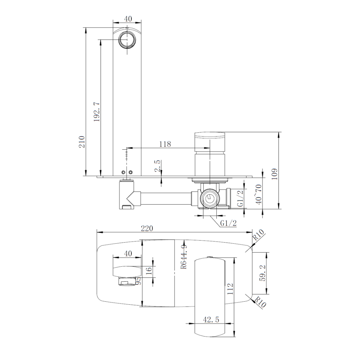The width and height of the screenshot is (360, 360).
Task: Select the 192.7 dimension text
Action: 97,112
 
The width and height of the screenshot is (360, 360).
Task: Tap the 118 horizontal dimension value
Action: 165,144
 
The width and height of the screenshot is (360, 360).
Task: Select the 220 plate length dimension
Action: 147,228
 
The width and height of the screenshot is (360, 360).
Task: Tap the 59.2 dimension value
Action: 263,273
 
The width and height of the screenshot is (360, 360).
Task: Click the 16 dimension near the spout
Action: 149,269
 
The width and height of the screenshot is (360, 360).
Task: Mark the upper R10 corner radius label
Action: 258,235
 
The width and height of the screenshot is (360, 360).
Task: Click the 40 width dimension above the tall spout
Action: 128,19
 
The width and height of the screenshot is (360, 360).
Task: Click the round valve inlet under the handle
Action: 210,198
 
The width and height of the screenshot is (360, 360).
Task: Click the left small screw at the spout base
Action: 124,172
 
